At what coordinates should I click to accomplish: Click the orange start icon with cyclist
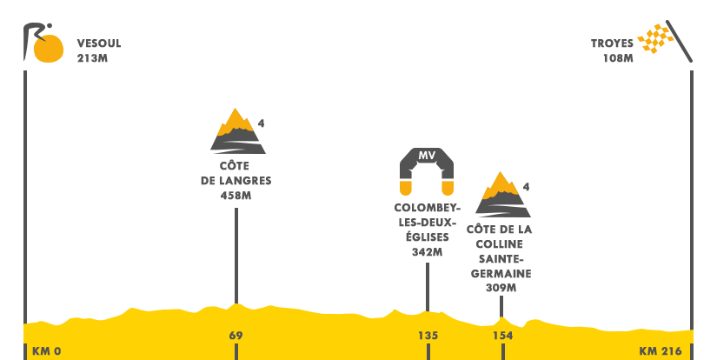[43, 43]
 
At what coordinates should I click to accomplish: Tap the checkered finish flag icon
[664, 41]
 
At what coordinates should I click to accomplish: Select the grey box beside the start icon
[98, 50]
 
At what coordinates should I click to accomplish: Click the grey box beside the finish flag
[612, 50]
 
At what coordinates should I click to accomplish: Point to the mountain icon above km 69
[237, 130]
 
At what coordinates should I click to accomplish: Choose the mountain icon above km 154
[502, 193]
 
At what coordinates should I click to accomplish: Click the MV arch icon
[427, 171]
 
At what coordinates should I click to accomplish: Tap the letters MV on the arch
[427, 156]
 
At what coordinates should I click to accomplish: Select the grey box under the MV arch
[427, 230]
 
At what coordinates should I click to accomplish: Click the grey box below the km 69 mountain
[236, 179]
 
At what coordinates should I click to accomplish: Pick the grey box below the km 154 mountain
[500, 257]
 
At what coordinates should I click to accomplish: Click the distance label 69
[236, 336]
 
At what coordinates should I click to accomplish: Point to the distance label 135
[428, 336]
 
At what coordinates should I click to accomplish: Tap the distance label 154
[502, 336]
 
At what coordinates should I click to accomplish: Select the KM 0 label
[46, 351]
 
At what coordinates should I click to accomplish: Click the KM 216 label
[661, 351]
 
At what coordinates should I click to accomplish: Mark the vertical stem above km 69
[236, 252]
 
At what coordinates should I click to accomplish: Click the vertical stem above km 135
[427, 280]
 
